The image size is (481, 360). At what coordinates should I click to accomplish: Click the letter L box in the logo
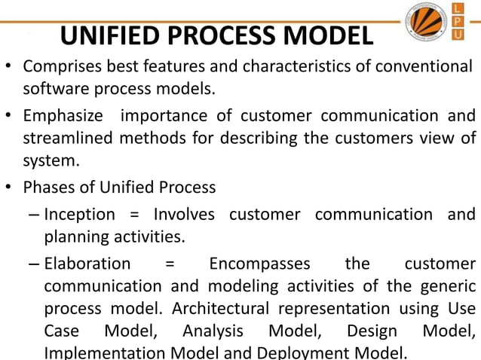(458, 8)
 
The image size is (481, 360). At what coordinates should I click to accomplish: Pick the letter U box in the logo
(458, 35)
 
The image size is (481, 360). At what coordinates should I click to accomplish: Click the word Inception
(80, 214)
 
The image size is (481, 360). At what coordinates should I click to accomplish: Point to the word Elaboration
(87, 264)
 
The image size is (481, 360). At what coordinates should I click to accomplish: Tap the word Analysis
(213, 331)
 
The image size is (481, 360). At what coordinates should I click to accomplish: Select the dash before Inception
(35, 215)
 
